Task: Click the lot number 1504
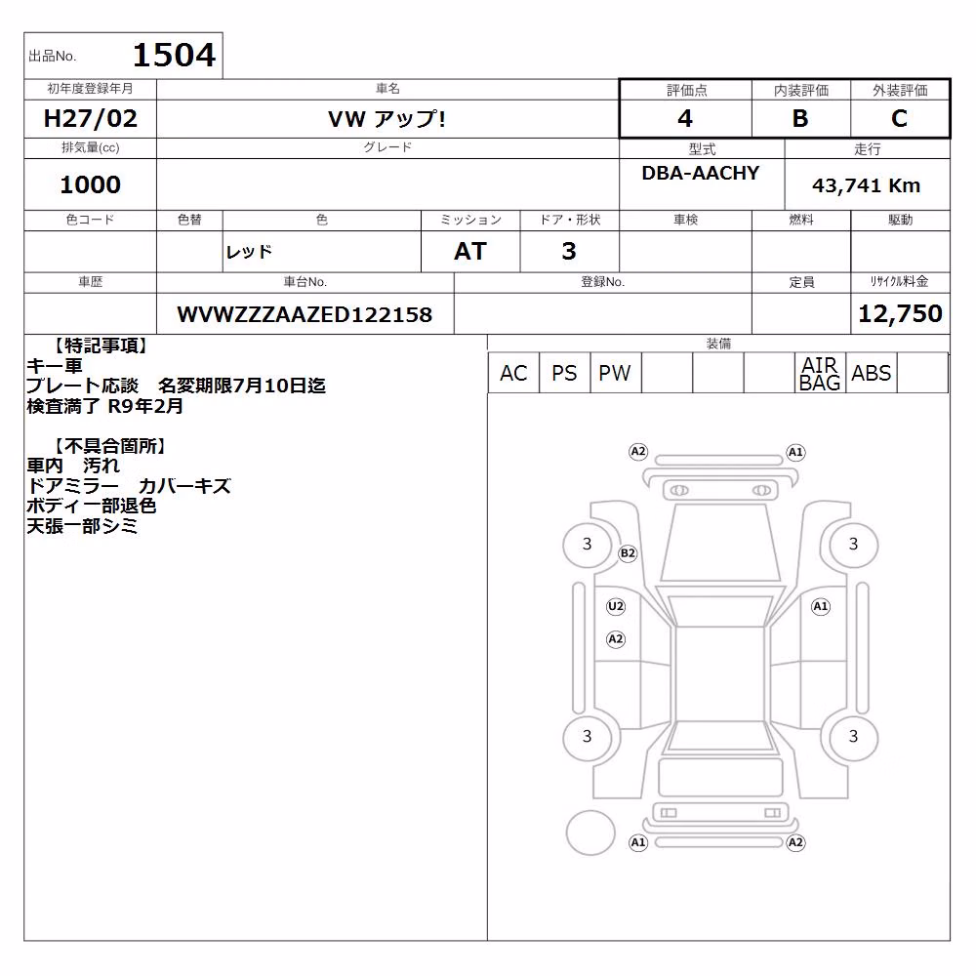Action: click(175, 55)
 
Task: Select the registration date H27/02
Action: click(90, 118)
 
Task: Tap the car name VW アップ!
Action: click(386, 118)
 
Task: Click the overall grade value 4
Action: click(685, 118)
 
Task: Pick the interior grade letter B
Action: click(800, 118)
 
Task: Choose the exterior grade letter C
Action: click(900, 118)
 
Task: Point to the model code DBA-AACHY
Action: click(701, 173)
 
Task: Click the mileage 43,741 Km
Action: click(866, 184)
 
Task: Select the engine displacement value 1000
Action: click(90, 184)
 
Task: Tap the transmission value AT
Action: click(470, 251)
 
